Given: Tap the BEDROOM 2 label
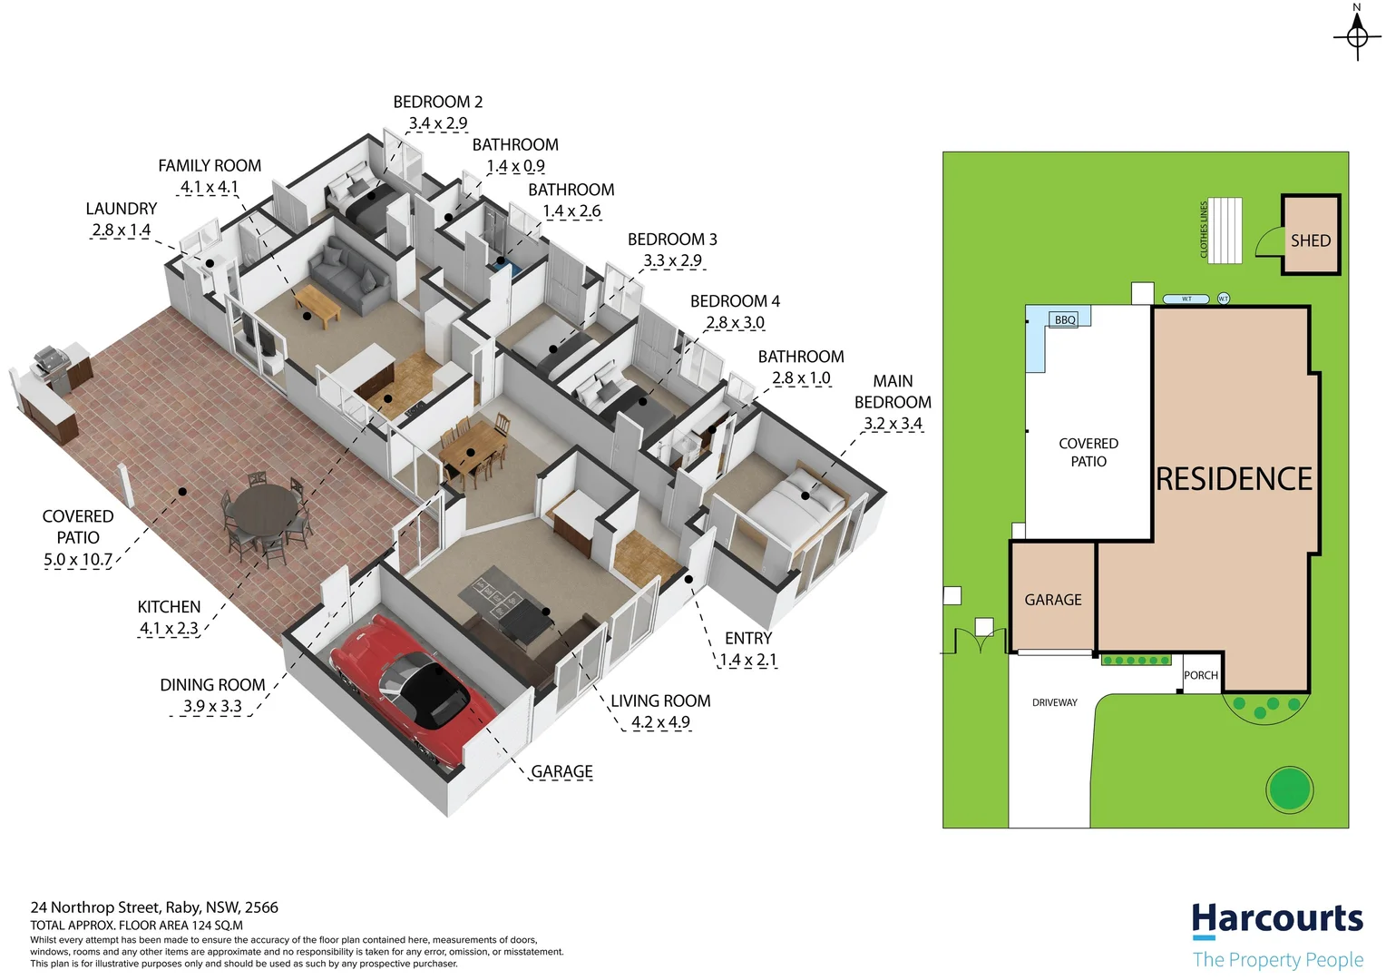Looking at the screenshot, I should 437,102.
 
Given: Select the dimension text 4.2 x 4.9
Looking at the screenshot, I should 660,722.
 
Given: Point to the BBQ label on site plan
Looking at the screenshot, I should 1065,319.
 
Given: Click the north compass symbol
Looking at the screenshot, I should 1357,36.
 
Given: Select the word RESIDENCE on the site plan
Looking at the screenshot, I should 1234,479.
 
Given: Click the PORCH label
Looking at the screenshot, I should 1201,675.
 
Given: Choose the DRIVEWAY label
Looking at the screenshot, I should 1054,702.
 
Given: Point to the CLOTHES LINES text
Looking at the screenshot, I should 1205,230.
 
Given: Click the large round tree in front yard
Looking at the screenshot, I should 1289,789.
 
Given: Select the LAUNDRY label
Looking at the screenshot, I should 121,209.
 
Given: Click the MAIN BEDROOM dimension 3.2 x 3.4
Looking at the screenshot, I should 893,424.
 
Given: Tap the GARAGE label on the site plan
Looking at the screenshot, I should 1052,600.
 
